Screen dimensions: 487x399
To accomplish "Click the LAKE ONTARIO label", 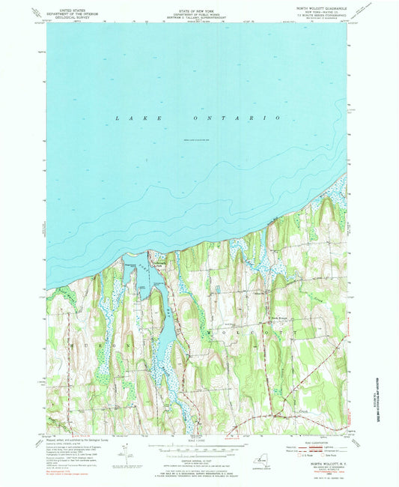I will pyautogui.click(x=198, y=118).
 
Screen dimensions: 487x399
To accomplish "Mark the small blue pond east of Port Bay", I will pyautogui.click(x=217, y=288).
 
